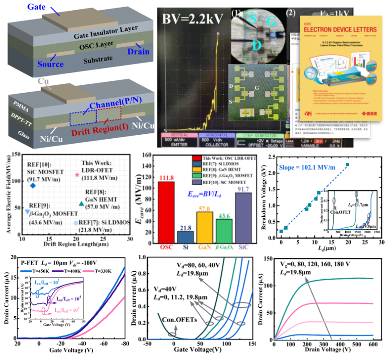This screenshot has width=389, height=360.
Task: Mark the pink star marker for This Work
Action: pos(77,175)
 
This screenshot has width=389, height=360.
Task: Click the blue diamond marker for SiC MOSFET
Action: pos(33,185)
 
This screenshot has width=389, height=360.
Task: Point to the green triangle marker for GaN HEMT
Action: pos(81,203)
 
